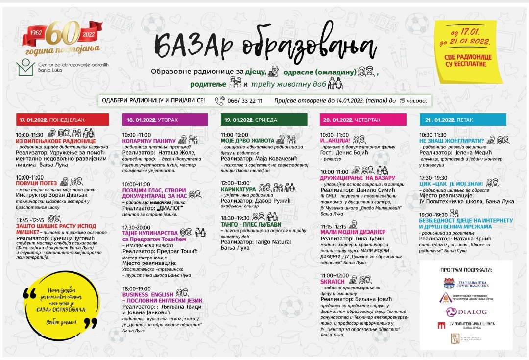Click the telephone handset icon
click(219, 101)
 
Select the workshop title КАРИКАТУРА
click(238, 189)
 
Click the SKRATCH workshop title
click(332, 282)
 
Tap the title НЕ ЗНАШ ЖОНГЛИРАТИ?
click(448, 141)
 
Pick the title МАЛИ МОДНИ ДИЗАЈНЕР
click(353, 232)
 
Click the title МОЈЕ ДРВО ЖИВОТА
click(247, 141)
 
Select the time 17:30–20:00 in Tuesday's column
click(137, 228)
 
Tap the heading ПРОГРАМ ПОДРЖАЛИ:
click(466, 270)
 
